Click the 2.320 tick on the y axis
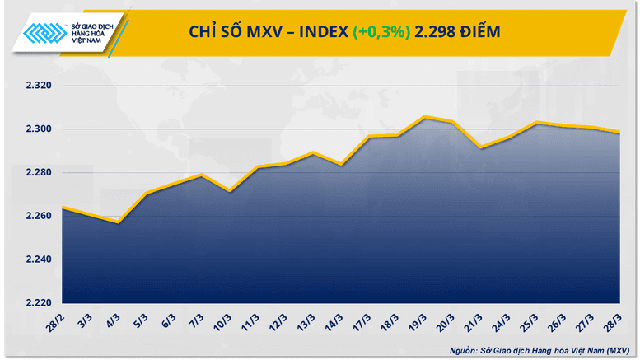pos(36,86)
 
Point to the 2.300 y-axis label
pos(36,129)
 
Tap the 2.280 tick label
pos(36,173)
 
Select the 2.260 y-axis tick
pos(36,216)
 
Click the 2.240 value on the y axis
pos(36,259)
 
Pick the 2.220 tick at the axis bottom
pos(36,303)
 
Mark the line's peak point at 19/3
pos(423,117)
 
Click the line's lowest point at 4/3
pos(119,222)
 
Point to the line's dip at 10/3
pos(228,191)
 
